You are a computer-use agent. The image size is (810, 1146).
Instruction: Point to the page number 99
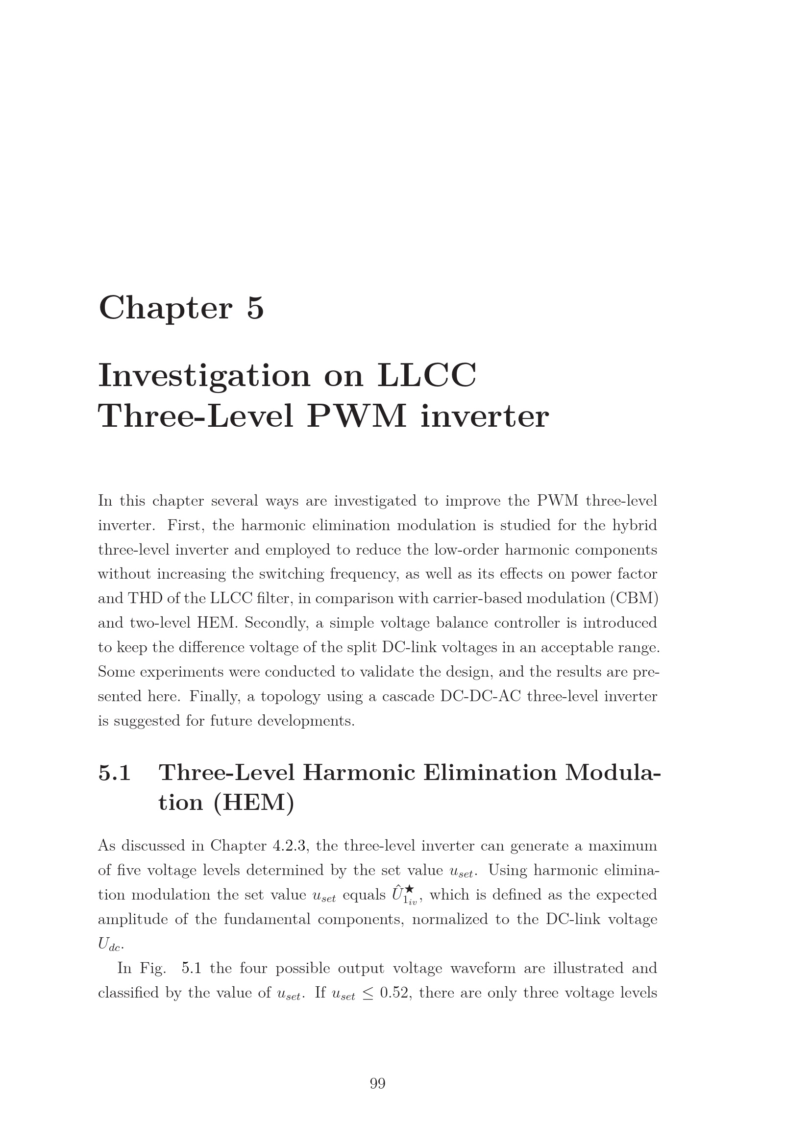tap(377, 1084)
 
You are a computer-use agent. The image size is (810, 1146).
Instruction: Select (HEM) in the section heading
tap(253, 803)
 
